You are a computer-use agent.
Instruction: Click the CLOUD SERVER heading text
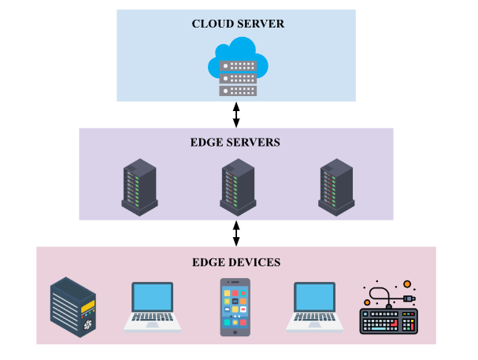pyautogui.click(x=238, y=24)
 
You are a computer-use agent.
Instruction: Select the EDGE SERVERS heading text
pyautogui.click(x=235, y=143)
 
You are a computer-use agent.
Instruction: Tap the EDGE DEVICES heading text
pyautogui.click(x=235, y=262)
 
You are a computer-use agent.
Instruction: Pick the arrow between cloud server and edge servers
pyautogui.click(x=236, y=114)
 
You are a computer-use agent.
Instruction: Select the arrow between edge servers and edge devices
pyautogui.click(x=236, y=233)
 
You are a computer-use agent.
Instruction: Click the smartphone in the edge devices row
pyautogui.click(x=236, y=307)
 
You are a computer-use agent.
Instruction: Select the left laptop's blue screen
pyautogui.click(x=152, y=298)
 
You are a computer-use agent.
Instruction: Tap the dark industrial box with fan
pyautogui.click(x=74, y=306)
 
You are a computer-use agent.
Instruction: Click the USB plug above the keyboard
pyautogui.click(x=408, y=299)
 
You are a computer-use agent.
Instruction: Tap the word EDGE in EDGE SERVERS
pyautogui.click(x=206, y=143)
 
